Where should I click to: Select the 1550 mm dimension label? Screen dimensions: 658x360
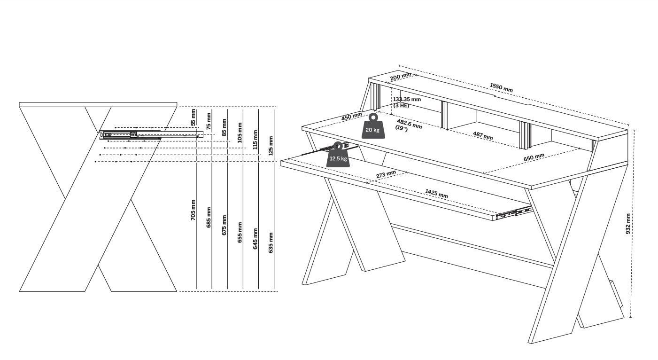pos(502,87)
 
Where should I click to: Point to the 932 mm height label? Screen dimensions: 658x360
pos(628,224)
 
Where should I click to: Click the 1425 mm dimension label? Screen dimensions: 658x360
pos(436,193)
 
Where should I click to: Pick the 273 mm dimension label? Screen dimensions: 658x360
pos(386,174)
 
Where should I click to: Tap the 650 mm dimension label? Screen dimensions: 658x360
pos(534,157)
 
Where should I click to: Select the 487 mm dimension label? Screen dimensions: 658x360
pos(483,135)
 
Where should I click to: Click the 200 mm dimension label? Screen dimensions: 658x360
pos(400,77)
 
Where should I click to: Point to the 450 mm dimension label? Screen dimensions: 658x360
pos(351,117)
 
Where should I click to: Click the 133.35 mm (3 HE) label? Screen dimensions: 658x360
pos(407,102)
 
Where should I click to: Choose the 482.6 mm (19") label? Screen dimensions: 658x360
pos(409,125)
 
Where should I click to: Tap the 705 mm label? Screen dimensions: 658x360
pos(193,210)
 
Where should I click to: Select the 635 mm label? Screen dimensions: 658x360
pos(271,243)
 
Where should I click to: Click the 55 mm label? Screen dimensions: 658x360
pos(193,117)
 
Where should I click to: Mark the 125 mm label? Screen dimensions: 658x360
pos(271,146)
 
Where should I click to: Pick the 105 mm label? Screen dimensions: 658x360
pos(240,133)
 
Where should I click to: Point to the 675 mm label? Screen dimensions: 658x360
pos(224,225)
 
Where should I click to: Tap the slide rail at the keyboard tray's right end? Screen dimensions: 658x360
pos(514,213)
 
